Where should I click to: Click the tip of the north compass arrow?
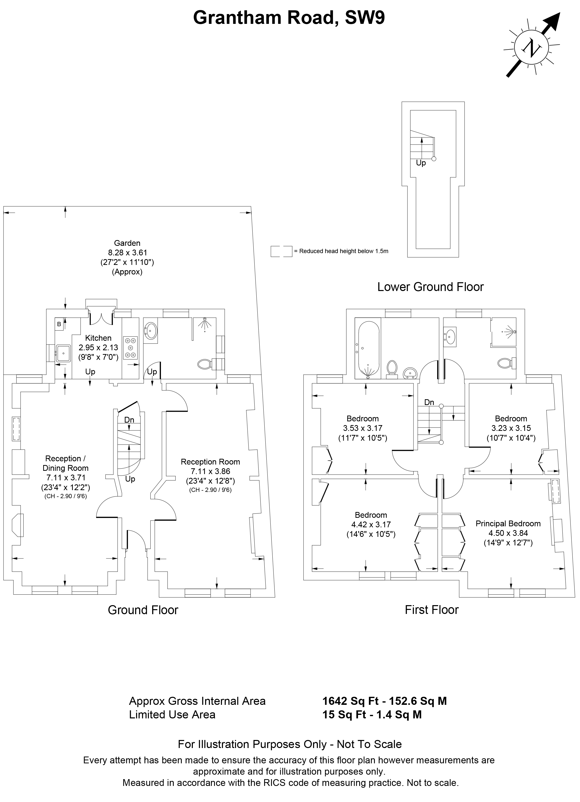pos(560,13)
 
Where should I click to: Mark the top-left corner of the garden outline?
pos(4,206)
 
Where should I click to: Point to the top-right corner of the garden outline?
pos(251,206)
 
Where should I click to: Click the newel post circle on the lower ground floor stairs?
pos(434,159)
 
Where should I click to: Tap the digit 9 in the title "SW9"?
pos(378,18)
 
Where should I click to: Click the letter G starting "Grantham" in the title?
pos(201,18)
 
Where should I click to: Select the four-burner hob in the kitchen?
pos(130,348)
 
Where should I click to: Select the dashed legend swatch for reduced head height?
pos(281,251)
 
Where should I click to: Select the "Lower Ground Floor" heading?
pos(430,287)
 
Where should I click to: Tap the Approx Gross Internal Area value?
pos(384,701)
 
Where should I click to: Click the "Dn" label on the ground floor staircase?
pos(129,420)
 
